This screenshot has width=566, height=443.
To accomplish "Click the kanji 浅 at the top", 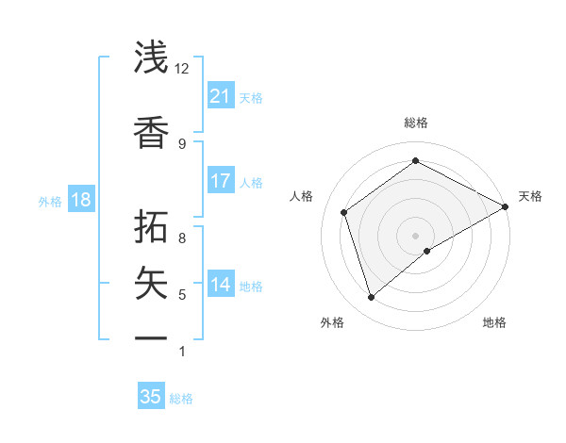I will (152, 57).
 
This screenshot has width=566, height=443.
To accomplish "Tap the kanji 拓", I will (152, 226).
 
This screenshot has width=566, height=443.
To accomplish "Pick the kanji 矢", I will (152, 283).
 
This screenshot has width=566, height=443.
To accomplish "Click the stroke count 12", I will (182, 69).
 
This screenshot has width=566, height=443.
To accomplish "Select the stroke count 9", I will (182, 143).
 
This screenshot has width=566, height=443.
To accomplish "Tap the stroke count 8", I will (182, 238).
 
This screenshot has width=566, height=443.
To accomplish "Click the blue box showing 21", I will (220, 96).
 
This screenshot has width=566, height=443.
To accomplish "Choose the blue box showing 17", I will (220, 181).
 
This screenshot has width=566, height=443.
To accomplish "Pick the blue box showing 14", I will (220, 285).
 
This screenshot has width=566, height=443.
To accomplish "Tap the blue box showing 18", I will (80, 200).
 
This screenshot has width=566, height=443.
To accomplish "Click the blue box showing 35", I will (151, 397).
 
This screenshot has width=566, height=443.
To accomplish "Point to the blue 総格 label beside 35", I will (181, 399).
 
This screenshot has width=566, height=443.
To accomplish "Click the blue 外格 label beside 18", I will (50, 201).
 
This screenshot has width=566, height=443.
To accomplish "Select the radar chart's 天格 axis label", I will (530, 196).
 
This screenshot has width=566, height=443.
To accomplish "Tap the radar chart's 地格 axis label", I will (494, 322).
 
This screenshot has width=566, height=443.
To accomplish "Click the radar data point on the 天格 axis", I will (506, 207).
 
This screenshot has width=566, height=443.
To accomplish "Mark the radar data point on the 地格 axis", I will (427, 251).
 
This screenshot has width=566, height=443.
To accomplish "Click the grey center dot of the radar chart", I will (415, 234).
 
